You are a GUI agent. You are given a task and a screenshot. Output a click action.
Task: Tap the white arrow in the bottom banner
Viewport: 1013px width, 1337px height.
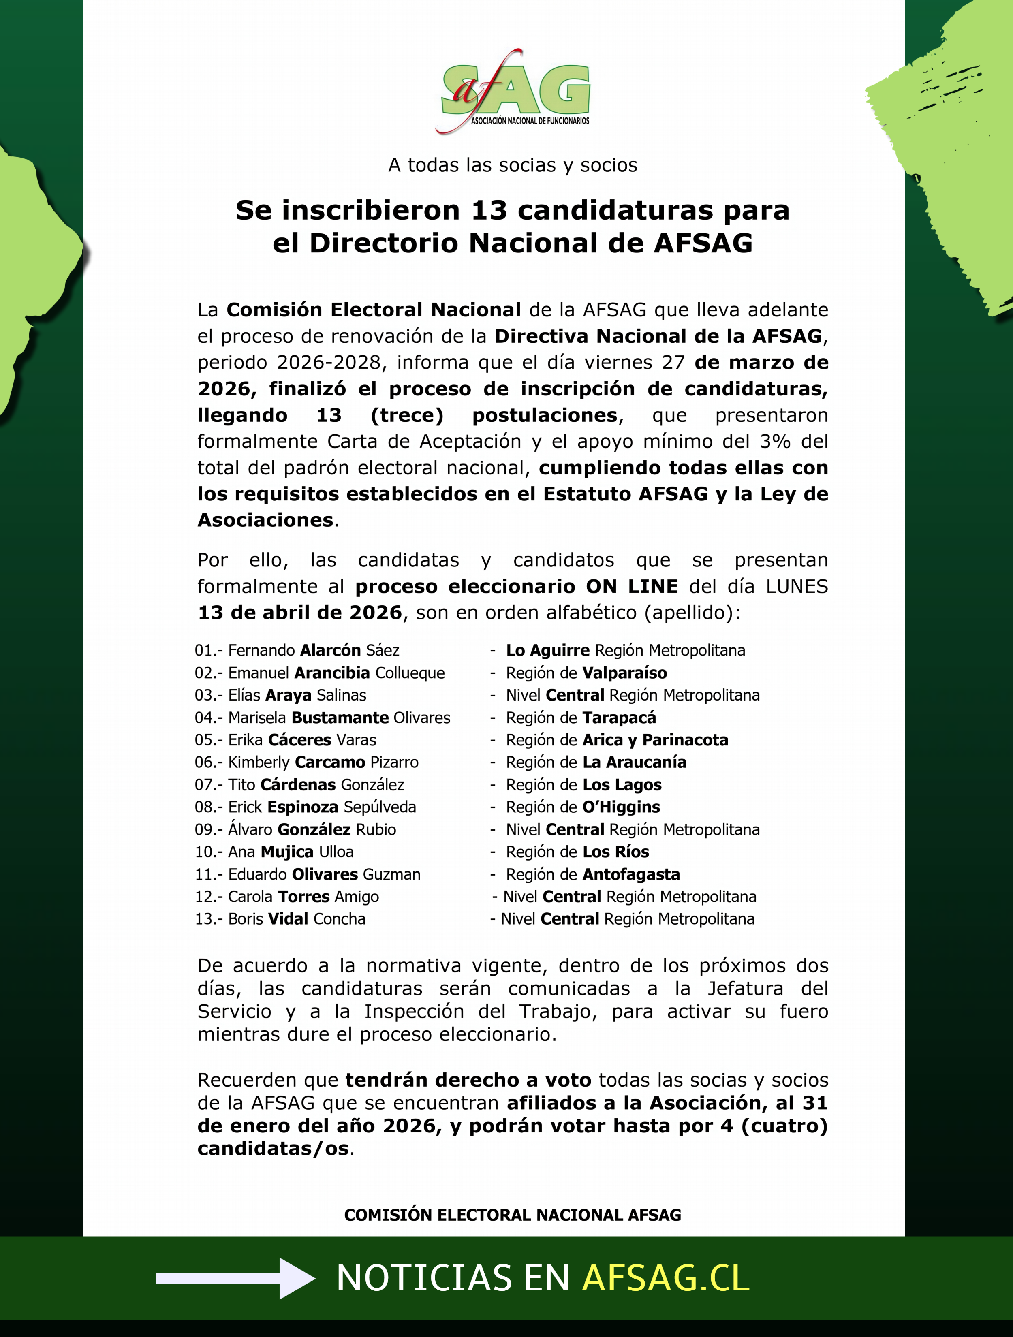(236, 1278)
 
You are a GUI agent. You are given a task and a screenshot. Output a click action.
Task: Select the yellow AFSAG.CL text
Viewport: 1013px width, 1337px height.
(665, 1278)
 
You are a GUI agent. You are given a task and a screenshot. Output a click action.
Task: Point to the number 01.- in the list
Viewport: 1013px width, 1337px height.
(209, 650)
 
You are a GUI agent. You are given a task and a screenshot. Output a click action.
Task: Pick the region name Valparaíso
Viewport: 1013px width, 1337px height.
(624, 673)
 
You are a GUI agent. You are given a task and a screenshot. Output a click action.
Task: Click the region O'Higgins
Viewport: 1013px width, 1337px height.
(621, 807)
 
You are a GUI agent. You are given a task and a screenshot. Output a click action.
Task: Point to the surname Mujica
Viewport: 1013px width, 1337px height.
(286, 852)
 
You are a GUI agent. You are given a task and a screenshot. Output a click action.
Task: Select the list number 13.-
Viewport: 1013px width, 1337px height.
(209, 919)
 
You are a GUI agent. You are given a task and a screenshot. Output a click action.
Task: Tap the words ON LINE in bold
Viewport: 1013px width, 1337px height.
(632, 586)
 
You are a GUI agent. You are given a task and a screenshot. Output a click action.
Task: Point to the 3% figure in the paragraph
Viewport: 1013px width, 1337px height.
(776, 441)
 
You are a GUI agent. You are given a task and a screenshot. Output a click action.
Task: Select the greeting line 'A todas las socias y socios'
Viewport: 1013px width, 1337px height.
(513, 165)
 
